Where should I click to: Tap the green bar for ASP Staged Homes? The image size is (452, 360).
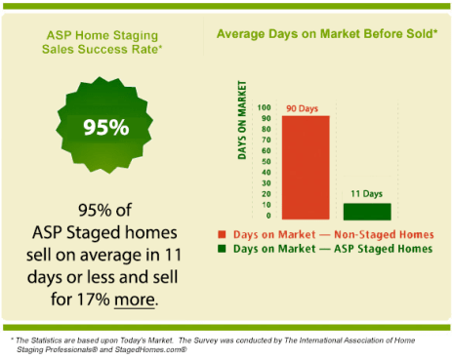(367, 211)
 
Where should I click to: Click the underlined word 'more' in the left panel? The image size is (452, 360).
(136, 298)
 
